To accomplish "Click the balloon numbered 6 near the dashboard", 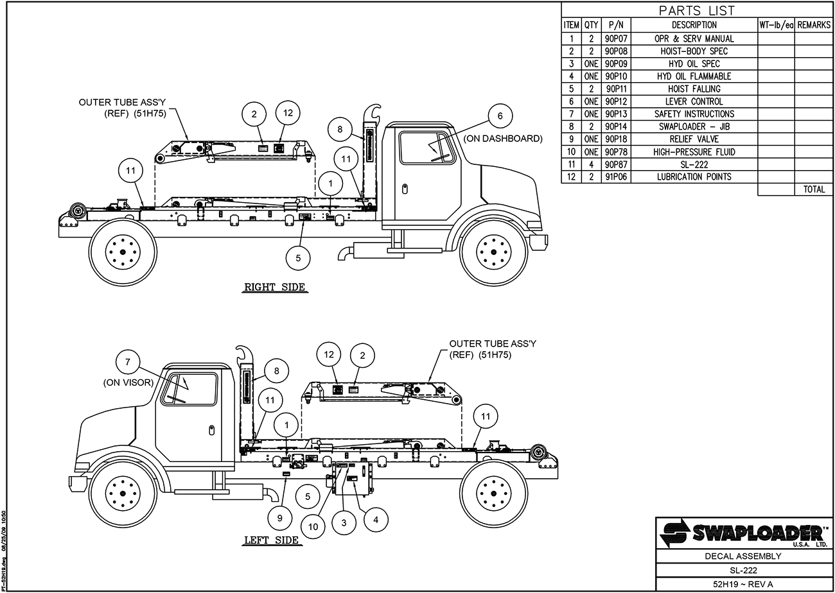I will (x=500, y=116).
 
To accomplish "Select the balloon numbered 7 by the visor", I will (x=128, y=363).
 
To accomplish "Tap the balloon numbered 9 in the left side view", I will (x=280, y=517).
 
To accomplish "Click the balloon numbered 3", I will (x=344, y=523).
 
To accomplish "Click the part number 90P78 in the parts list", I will (x=615, y=151).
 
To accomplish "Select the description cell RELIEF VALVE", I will (x=694, y=139).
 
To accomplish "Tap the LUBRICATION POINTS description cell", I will (x=694, y=176).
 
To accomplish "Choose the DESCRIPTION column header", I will (x=694, y=25).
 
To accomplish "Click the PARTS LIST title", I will (x=697, y=10).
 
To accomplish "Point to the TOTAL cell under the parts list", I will (x=813, y=189).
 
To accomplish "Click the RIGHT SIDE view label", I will (x=274, y=287).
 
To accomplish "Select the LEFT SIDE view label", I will (x=271, y=540).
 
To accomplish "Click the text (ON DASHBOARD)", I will (x=503, y=139).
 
